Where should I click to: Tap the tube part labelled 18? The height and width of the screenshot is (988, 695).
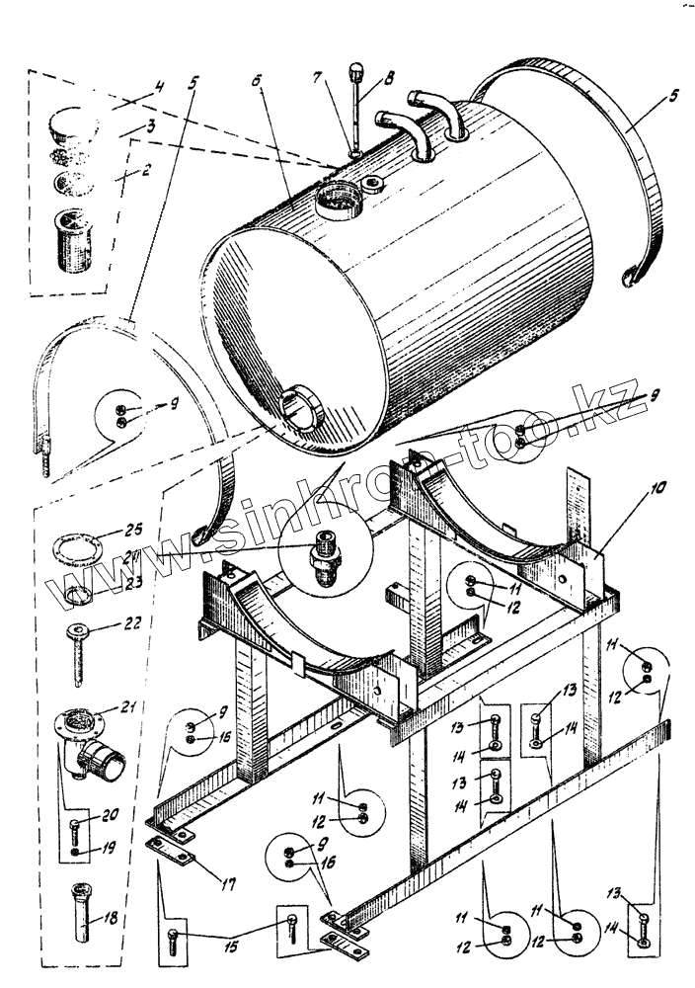[x=82, y=912]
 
